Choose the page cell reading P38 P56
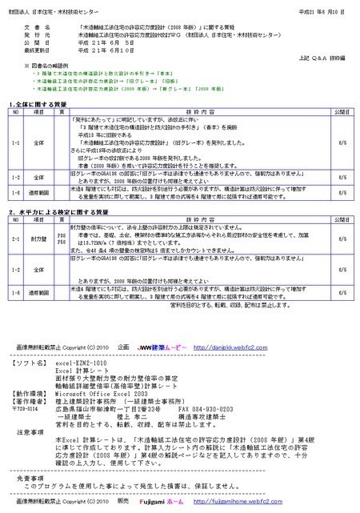[x=62, y=238]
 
